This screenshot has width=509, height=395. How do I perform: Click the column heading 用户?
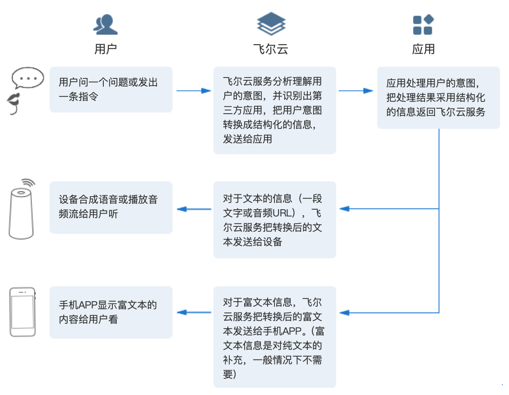tap(106, 49)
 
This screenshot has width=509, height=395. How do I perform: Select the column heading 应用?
tap(423, 49)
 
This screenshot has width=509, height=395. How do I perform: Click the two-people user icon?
tap(106, 24)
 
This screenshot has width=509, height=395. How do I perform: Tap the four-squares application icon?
tap(423, 24)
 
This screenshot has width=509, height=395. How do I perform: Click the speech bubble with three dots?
tap(28, 78)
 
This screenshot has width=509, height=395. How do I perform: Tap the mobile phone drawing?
tap(23, 312)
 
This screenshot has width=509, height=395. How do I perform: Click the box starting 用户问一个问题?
tap(111, 89)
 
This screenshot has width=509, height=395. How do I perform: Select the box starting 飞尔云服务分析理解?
tap(274, 110)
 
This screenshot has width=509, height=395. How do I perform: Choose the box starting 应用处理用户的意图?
tap(438, 97)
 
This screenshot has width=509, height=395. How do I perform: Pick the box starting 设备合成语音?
tap(111, 207)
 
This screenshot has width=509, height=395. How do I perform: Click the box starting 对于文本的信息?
tap(274, 220)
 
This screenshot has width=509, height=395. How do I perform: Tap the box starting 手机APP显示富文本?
tap(111, 312)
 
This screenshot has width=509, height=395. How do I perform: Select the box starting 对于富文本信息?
tap(274, 336)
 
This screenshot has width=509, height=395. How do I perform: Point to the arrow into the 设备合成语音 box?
tap(194, 209)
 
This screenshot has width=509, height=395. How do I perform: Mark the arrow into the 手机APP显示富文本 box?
tap(194, 312)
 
